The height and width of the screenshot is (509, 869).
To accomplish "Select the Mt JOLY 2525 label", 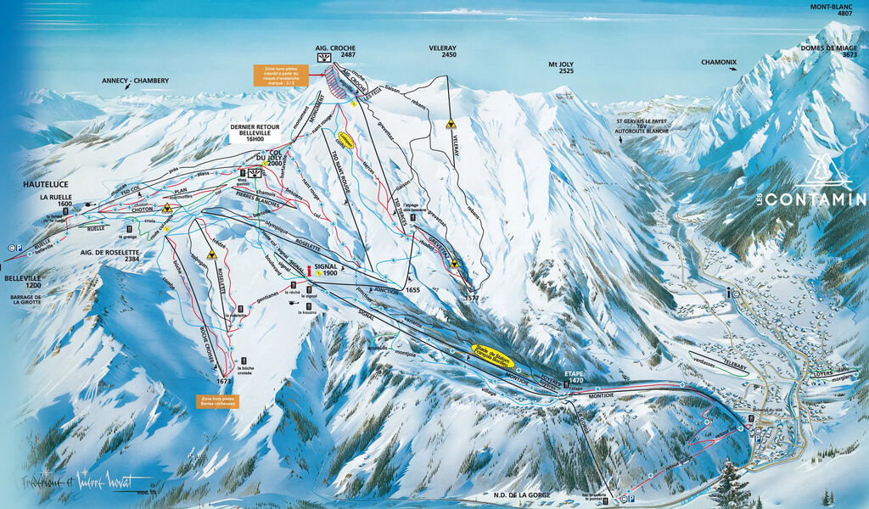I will coord(561,67).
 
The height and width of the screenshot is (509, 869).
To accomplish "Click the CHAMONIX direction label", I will coord(718,62).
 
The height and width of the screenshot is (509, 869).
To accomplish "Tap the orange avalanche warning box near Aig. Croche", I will coord(279,76).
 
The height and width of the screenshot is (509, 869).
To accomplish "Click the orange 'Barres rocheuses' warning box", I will coord(218,400).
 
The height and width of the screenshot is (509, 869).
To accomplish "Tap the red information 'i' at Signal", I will coord(309,271).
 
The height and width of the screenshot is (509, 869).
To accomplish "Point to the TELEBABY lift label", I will coord(737,361).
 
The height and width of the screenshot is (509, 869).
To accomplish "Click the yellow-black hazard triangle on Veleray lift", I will coord(451,124).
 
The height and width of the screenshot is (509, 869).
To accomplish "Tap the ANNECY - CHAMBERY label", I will coord(135,81).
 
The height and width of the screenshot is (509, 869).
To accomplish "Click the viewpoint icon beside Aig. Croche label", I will coord(323,58).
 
